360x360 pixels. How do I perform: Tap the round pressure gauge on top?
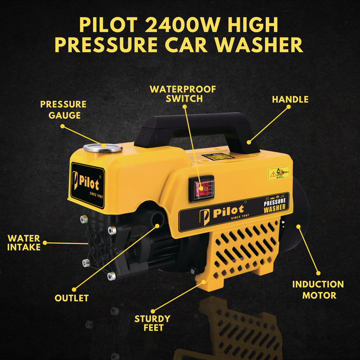pos(104,148)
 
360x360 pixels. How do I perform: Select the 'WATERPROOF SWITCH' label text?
pos(183,94)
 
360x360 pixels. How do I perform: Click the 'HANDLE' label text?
pos(290,99)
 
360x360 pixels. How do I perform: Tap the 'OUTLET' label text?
pos(71,298)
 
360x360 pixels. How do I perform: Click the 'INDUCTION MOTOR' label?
pos(318,290)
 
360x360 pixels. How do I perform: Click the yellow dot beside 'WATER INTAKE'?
pos(45,242)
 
